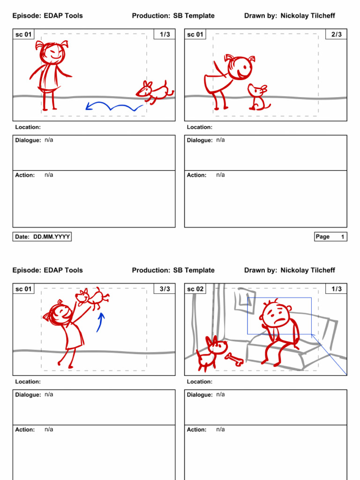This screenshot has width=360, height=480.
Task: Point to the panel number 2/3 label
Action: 336,35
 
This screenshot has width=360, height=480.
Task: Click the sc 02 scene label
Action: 195,289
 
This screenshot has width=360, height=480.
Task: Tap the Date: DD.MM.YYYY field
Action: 42,237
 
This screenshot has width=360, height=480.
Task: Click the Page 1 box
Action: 330,237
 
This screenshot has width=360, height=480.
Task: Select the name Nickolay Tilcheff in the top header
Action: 307,16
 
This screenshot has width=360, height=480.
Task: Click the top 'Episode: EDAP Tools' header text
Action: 47,16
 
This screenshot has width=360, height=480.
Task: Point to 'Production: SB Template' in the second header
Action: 173,270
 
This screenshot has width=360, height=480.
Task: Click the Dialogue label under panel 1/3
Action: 28,140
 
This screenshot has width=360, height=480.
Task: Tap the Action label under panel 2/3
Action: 196,175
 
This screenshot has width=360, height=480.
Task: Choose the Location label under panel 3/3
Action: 28,382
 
